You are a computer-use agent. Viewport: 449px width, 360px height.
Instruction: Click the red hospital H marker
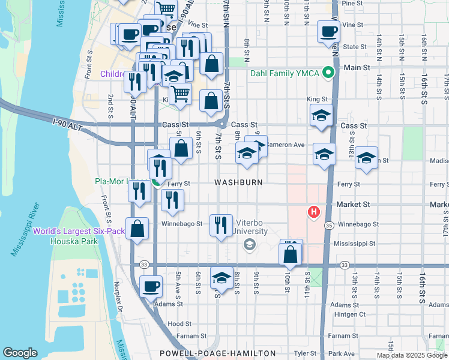313,212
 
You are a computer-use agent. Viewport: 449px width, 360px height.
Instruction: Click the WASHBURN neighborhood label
238,182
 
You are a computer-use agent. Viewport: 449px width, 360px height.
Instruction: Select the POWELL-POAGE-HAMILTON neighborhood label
217,353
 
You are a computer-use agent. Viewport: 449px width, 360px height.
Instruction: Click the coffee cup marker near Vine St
328,32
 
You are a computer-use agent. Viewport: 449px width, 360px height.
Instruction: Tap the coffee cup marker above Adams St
151,286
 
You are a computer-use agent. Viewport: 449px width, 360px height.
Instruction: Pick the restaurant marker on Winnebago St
221,225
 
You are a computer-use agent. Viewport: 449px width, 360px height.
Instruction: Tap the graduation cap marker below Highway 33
221,279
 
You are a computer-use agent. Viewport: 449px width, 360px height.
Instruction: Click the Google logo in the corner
20,353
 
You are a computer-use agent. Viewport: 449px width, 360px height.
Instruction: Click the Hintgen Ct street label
350,314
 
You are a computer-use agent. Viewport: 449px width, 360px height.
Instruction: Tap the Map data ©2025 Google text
412,355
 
